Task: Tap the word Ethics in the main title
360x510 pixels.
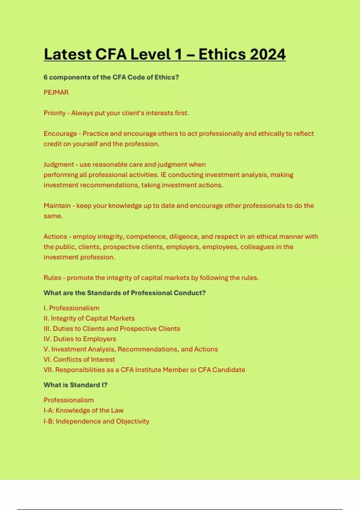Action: (x=221, y=54)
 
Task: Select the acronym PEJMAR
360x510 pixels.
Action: (x=56, y=92)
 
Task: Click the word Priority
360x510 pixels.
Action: (x=55, y=113)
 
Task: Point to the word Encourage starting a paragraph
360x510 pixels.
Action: (x=60, y=133)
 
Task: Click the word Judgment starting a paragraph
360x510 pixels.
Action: (x=59, y=164)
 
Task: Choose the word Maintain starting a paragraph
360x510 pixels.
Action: (x=57, y=205)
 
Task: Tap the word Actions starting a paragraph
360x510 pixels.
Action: (x=55, y=236)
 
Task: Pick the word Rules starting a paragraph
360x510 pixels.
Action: (x=52, y=278)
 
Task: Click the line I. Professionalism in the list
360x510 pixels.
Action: (x=71, y=308)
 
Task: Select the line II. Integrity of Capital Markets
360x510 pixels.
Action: (x=89, y=318)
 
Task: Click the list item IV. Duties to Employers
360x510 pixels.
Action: (x=80, y=339)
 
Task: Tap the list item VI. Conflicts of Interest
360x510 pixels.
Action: (x=79, y=359)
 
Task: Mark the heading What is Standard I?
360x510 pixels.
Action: (x=75, y=385)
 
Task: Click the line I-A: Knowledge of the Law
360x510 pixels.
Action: (x=83, y=410)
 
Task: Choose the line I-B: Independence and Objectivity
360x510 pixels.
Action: (x=96, y=421)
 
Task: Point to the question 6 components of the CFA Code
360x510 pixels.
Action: (x=111, y=77)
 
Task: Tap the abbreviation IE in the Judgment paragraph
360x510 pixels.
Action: (x=163, y=175)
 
